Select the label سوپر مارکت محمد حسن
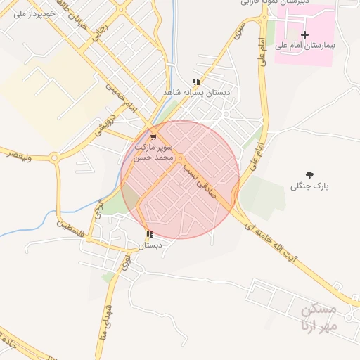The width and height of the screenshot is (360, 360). click(x=154, y=153)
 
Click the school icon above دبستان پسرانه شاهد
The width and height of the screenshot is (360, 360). click(x=196, y=82)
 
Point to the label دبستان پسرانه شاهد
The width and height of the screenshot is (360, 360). click(x=192, y=92)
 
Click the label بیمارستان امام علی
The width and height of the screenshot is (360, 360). click(x=304, y=45)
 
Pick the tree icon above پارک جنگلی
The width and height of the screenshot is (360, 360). click(x=310, y=174)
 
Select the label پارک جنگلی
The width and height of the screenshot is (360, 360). click(x=310, y=186)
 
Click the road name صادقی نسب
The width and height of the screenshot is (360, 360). click(x=200, y=172)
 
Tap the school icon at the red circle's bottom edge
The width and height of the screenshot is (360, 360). click(x=149, y=234)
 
